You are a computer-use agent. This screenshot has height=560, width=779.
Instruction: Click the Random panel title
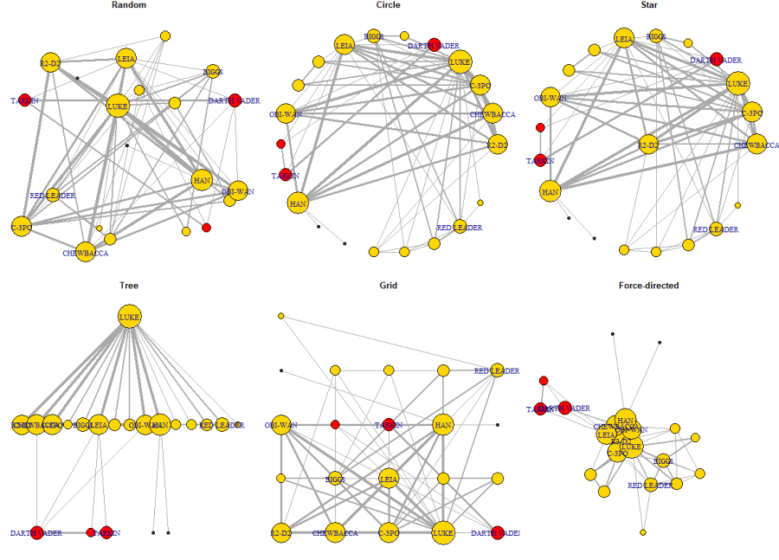pyautogui.click(x=129, y=5)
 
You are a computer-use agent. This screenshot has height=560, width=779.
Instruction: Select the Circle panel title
pyautogui.click(x=389, y=5)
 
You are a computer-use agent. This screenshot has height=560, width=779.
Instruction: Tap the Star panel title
pyautogui.click(x=648, y=5)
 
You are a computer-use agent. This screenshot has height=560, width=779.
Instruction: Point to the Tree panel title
pyautogui.click(x=129, y=285)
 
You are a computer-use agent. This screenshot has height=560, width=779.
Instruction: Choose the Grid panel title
pyautogui.click(x=389, y=285)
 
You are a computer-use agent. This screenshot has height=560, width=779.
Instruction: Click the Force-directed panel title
pyautogui.click(x=648, y=285)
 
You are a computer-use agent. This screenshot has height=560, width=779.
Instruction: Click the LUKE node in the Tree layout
pyautogui.click(x=129, y=318)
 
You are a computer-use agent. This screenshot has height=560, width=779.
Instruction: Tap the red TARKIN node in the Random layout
pyautogui.click(x=25, y=100)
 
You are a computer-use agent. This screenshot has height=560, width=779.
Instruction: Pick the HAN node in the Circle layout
pyautogui.click(x=298, y=203)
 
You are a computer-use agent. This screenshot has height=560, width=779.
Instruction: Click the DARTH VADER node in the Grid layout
pyautogui.click(x=497, y=532)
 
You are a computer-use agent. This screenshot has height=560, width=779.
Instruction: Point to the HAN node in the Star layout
pyautogui.click(x=550, y=190)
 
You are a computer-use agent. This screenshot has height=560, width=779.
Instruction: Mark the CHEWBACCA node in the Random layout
pyautogui.click(x=85, y=252)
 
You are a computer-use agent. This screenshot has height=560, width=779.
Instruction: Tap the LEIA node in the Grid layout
pyautogui.click(x=389, y=478)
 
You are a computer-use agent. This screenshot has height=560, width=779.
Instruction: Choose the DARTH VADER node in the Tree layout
pyautogui.click(x=37, y=532)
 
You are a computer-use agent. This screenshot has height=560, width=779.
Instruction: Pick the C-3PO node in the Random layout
pyautogui.click(x=21, y=227)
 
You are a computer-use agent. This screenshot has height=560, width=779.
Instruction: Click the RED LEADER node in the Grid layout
pyautogui.click(x=497, y=370)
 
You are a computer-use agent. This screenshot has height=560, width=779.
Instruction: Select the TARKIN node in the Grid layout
pyautogui.click(x=389, y=424)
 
